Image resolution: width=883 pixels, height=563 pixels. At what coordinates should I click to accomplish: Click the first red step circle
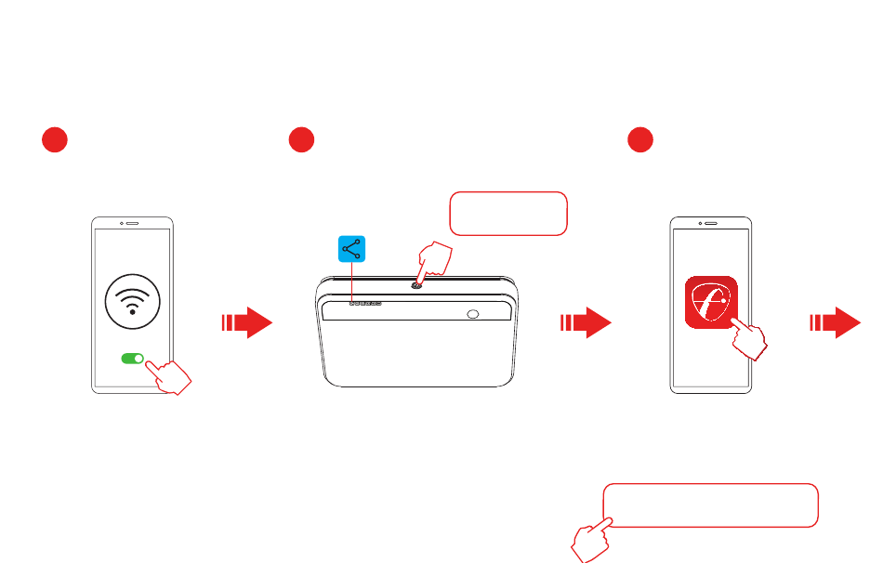click(55, 140)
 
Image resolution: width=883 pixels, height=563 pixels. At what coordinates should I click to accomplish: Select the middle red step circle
click(300, 140)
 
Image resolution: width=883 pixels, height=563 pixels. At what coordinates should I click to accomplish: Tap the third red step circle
click(639, 140)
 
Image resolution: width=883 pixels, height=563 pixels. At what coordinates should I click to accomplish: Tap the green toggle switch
click(134, 359)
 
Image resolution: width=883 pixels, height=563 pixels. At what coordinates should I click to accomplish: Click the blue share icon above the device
click(351, 249)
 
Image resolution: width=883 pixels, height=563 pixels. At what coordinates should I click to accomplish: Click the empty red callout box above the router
click(507, 214)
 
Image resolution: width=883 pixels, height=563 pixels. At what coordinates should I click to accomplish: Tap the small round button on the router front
click(473, 315)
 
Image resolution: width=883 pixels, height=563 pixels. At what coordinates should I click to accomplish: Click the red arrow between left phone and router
click(246, 322)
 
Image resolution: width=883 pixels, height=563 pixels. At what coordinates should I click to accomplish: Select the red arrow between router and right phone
click(586, 322)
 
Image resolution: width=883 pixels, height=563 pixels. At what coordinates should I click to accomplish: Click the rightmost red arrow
click(837, 322)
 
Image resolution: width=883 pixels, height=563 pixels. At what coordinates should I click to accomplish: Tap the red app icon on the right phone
click(711, 302)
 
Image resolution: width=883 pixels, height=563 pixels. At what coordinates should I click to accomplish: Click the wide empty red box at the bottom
click(711, 505)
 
